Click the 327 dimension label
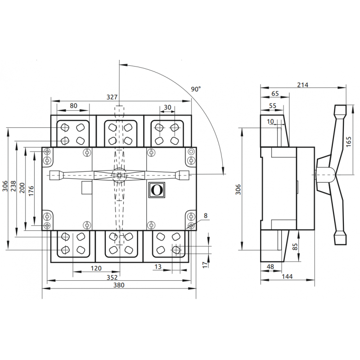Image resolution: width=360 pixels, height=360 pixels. [112, 97]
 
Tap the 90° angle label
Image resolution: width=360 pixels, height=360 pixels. [196, 89]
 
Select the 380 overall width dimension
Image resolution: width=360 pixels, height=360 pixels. [119, 285]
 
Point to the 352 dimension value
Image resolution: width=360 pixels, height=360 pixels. [112, 278]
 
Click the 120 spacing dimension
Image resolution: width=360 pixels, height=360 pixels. [96, 268]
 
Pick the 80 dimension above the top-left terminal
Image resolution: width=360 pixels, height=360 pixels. [73, 106]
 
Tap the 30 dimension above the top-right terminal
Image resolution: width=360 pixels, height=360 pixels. [167, 107]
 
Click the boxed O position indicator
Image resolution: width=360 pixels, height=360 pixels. [157, 190]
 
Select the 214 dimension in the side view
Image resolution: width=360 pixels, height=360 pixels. [302, 85]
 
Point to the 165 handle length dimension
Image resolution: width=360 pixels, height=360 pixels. [348, 142]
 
